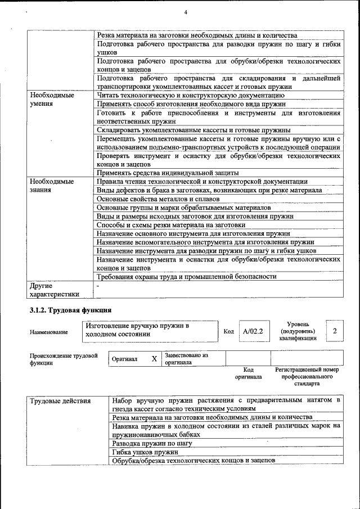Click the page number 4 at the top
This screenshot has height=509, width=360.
pyautogui.click(x=185, y=12)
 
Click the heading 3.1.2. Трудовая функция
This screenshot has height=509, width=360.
pyautogui.click(x=70, y=310)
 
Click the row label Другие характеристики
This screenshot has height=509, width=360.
pyautogui.click(x=55, y=290)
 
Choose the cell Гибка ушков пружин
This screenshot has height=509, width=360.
pyautogui.click(x=145, y=452)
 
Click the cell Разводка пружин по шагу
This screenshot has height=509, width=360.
pyautogui.click(x=152, y=443)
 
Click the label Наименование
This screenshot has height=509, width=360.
pyautogui.click(x=49, y=332)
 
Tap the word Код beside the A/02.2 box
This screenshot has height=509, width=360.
pyautogui.click(x=228, y=332)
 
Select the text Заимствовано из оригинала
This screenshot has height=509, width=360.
pyautogui.click(x=186, y=359)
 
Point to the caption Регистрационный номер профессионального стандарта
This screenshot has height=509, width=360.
pyautogui.click(x=307, y=376)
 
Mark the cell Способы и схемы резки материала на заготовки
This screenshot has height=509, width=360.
pyautogui.click(x=170, y=224)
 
